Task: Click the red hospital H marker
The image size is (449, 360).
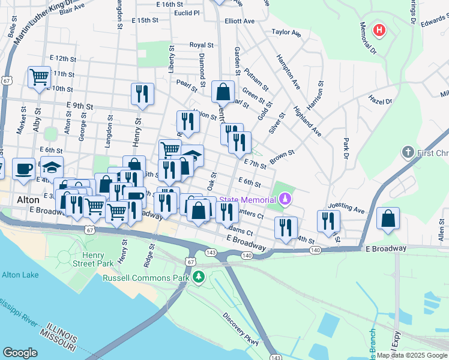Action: pyautogui.click(x=379, y=29)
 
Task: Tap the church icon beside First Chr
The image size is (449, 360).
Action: pyautogui.click(x=408, y=152)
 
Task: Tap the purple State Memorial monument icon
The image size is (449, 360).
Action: pyautogui.click(x=286, y=199)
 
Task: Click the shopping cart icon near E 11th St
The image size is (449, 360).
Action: pyautogui.click(x=39, y=77)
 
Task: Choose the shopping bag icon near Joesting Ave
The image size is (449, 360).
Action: pyautogui.click(x=388, y=218)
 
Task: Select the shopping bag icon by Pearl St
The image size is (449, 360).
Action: pyautogui.click(x=223, y=92)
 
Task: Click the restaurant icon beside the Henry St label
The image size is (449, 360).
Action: pyautogui.click(x=142, y=94)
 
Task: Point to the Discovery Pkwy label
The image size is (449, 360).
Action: pyautogui.click(x=240, y=328)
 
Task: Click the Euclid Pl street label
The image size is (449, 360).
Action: pyautogui.click(x=186, y=12)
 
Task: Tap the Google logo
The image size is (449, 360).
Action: pyautogui.click(x=20, y=352)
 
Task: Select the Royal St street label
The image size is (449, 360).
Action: pyautogui.click(x=201, y=45)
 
